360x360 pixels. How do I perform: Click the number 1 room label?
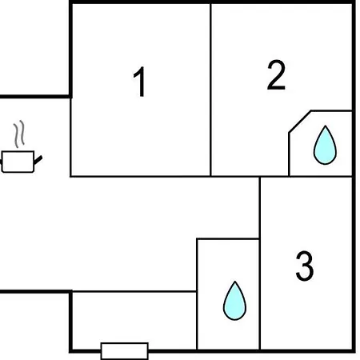[140, 82]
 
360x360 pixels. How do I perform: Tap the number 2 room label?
[276, 75]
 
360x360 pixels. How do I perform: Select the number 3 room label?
[305, 266]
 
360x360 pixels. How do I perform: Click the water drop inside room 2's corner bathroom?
[325, 145]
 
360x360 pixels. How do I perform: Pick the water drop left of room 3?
[234, 301]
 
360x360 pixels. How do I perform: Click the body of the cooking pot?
[18, 162]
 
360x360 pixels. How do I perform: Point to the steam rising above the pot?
[19, 134]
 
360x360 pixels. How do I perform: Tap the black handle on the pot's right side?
[38, 160]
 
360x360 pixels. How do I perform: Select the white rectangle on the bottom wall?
[125, 351]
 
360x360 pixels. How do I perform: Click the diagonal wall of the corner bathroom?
[300, 122]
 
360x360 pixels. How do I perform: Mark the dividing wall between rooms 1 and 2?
[210, 90]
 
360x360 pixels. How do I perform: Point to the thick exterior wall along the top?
[212, 2]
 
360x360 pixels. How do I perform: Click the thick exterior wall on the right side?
[354, 177]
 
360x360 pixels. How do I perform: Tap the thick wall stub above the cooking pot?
[35, 97]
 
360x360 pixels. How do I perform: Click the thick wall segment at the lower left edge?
[35, 291]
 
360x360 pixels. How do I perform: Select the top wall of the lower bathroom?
[228, 239]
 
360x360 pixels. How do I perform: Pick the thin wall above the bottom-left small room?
[134, 292]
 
